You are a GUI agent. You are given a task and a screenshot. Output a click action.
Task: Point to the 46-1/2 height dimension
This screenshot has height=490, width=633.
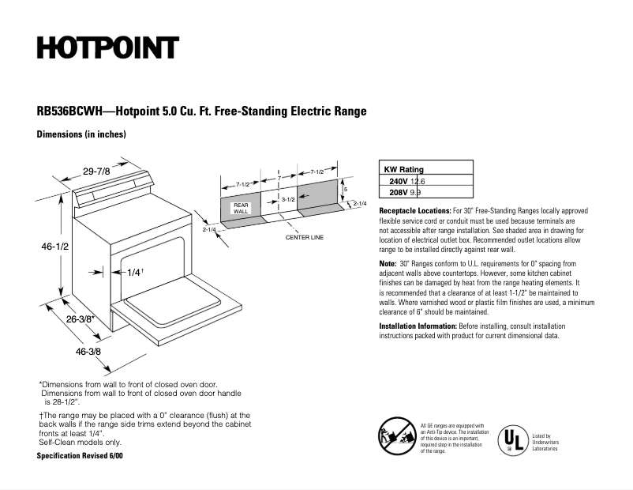55,247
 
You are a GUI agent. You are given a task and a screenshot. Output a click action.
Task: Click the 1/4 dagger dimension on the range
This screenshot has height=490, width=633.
134,272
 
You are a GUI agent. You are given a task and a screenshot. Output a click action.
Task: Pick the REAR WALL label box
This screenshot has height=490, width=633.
241,209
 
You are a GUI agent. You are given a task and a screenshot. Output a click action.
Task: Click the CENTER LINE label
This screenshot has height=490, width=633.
305,237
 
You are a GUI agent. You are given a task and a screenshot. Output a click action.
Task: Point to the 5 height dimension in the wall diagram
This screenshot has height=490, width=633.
345,190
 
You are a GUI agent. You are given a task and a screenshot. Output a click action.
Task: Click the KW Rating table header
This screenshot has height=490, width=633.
403,169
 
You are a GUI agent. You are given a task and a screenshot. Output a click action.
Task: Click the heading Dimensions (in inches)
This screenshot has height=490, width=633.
81,135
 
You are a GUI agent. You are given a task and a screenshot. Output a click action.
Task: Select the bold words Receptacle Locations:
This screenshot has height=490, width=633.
415,212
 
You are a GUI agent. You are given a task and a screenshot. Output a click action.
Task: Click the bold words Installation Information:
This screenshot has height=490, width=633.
417,326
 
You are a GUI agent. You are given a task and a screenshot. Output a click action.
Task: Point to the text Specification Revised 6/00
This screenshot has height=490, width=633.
80,457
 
